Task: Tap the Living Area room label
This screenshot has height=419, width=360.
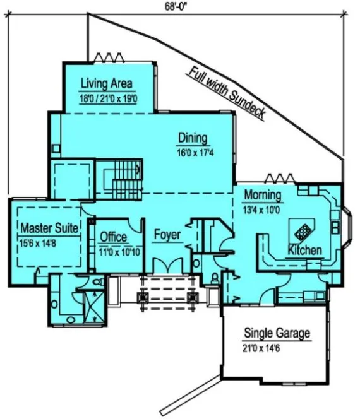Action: coord(109,84)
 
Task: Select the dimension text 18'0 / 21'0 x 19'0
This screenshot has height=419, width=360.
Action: coord(109,98)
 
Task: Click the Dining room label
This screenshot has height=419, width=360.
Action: coord(193,138)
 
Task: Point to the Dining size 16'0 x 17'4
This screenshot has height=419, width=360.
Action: coord(196,152)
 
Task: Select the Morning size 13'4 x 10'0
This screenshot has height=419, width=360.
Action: coord(266,207)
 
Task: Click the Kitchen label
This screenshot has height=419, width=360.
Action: coord(304,251)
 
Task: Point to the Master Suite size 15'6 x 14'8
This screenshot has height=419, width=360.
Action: coord(48,240)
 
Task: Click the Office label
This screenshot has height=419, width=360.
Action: coord(114,237)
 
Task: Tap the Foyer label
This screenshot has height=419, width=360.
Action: coord(167,235)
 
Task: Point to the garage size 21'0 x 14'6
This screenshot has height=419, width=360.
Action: coord(275,346)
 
